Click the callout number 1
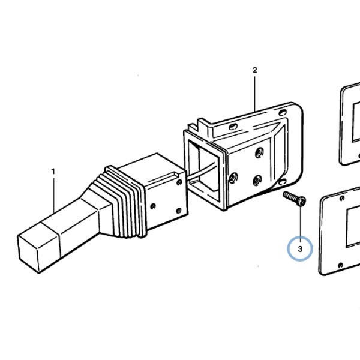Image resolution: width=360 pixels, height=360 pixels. pyautogui.click(x=53, y=172)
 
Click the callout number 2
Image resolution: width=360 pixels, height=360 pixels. pyautogui.click(x=255, y=70)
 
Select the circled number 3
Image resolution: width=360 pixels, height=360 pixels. pyautogui.click(x=300, y=249)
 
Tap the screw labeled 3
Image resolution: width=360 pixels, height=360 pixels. pyautogui.click(x=295, y=199)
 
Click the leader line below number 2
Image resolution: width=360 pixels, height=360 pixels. pyautogui.click(x=255, y=94)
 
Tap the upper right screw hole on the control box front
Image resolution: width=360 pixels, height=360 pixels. pyautogui.click(x=180, y=182)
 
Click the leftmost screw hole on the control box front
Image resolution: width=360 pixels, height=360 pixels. pyautogui.click(x=153, y=206)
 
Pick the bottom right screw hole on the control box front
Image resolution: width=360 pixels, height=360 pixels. pyautogui.click(x=179, y=211)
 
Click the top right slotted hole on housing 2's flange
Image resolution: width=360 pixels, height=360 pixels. pyautogui.click(x=283, y=113)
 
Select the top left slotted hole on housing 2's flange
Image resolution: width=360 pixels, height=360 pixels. pyautogui.click(x=233, y=126)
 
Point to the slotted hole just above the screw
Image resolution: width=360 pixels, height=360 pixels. pyautogui.click(x=282, y=182)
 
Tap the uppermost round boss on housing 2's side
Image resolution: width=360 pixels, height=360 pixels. pyautogui.click(x=259, y=152)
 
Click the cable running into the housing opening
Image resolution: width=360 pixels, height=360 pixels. pyautogui.click(x=202, y=170)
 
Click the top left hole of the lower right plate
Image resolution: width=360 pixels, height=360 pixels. pyautogui.click(x=342, y=198)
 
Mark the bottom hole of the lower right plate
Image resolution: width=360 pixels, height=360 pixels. pyautogui.click(x=341, y=265)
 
